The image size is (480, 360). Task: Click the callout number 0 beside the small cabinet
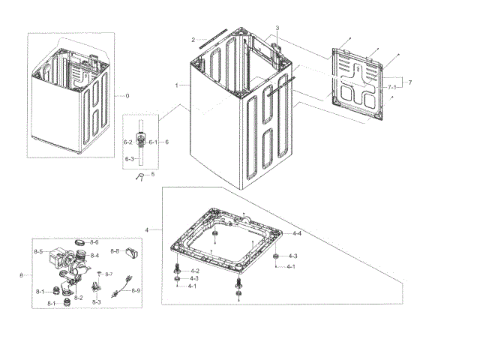127,95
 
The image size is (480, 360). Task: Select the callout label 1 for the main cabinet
177,85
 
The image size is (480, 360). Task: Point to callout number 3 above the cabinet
277,28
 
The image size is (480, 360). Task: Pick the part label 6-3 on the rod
128,158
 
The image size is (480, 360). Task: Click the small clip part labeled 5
140,176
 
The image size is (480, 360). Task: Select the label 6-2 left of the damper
127,142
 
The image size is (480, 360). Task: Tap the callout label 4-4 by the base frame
297,234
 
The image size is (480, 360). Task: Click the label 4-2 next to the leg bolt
194,270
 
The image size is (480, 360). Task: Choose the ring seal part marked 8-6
79,243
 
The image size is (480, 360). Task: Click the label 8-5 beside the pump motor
38,251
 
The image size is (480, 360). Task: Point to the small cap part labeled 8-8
131,252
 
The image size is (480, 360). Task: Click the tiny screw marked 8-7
100,274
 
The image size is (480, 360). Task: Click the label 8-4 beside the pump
94,256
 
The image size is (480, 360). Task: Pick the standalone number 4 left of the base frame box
147,229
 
